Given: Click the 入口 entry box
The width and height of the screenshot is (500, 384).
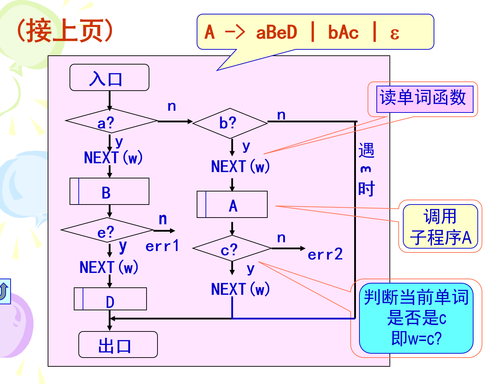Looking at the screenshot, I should point(109,78).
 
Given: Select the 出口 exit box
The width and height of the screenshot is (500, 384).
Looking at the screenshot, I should point(118,345).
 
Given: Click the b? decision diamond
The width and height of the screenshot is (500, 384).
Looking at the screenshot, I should point(230,123).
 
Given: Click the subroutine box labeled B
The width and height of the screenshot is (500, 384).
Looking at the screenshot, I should point(109,191).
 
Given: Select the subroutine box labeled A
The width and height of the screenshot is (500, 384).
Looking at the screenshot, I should point(232,205).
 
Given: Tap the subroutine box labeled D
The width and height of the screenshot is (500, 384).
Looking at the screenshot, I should point(110,299).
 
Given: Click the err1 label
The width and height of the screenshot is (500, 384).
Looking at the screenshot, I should point(162,246).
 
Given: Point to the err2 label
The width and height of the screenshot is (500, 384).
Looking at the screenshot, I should point(325,254).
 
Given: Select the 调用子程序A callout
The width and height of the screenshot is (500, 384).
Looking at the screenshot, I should point(440,226).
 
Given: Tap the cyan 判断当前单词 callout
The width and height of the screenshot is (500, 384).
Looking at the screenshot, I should point(416,318).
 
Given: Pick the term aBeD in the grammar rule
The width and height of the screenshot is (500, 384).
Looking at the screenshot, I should point(276,33).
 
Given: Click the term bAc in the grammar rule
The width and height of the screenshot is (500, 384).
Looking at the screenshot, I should point(343,33).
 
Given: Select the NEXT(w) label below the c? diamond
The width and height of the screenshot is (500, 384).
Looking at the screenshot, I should point(240,289).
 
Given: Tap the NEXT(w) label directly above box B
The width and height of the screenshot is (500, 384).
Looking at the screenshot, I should point(113,158).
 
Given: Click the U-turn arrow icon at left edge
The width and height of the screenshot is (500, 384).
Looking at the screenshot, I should point(4,291).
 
